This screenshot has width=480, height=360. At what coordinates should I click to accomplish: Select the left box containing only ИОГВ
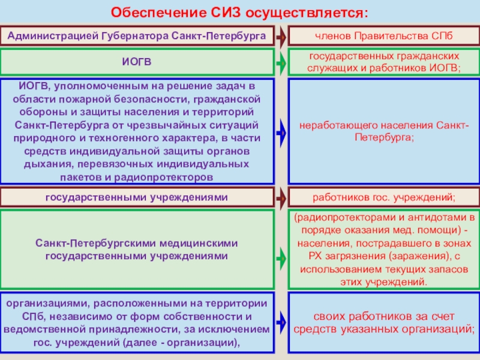tap(137, 62)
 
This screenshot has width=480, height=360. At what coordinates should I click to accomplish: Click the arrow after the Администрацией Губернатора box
tap(281, 37)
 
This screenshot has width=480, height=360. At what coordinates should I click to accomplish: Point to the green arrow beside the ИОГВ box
tap(281, 62)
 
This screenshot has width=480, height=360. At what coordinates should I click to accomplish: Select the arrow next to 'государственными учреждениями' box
tap(281, 197)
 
